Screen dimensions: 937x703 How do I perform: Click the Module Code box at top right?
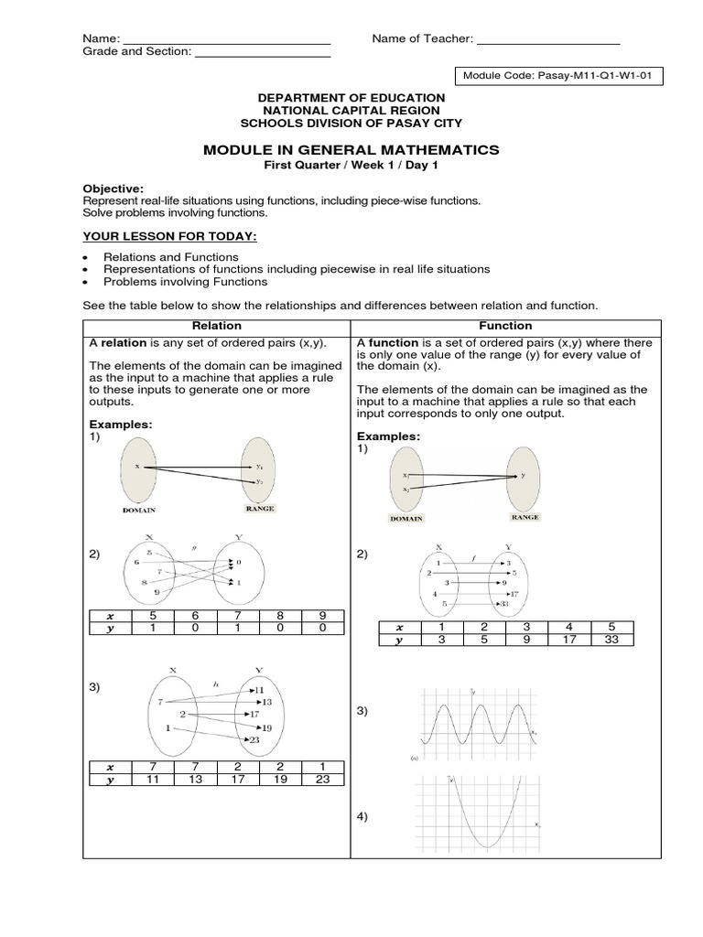(557, 76)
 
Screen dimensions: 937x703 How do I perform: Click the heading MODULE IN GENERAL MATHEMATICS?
(351, 149)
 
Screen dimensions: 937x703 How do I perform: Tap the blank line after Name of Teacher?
(548, 38)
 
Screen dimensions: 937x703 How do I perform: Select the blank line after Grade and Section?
(263, 52)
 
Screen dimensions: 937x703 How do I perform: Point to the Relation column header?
(217, 326)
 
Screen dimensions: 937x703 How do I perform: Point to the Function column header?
(505, 326)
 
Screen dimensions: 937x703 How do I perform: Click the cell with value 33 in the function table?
(611, 640)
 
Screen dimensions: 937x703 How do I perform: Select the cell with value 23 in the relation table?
(323, 781)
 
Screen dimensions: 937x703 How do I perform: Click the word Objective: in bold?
(114, 187)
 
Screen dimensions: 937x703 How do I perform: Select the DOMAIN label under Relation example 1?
(140, 510)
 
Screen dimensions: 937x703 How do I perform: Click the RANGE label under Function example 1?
(525, 517)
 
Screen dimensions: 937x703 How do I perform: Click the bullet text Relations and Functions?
(171, 257)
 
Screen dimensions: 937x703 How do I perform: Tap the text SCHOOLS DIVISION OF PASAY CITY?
(351, 123)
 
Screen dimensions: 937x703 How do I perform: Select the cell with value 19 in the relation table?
(280, 781)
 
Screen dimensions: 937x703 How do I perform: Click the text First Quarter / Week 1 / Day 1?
(351, 165)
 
